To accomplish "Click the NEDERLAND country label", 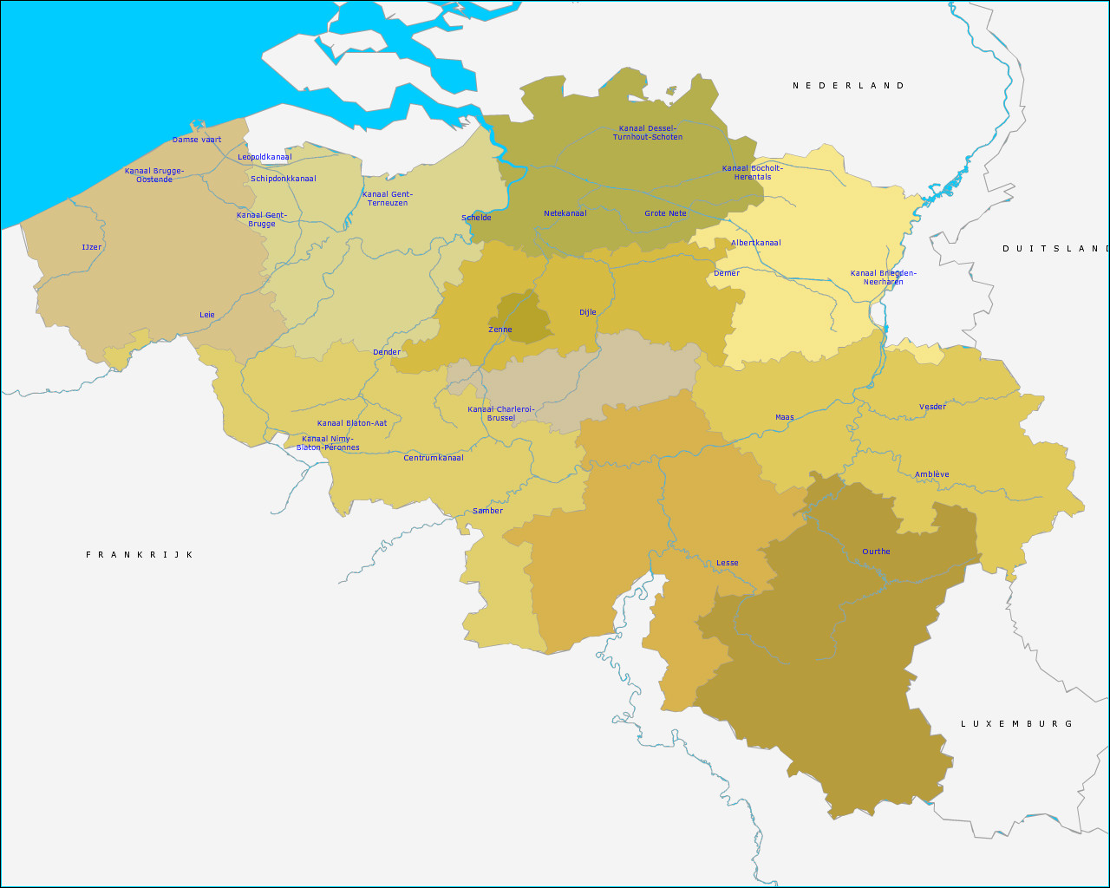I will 848,86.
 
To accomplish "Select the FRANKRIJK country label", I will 140,555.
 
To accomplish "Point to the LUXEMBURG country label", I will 1016,724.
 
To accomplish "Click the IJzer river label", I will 92,247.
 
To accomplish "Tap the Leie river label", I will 207,315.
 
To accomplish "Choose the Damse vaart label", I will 197,140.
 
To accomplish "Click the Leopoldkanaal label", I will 265,157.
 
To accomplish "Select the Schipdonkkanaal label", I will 284,179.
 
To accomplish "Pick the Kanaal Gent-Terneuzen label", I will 388,199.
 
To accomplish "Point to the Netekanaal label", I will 565,213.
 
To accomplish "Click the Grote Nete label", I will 665,213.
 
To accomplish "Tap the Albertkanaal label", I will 756,243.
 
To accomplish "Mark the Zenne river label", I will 500,330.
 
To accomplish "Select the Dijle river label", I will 588,312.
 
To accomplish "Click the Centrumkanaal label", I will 434,458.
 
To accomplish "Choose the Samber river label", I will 487,511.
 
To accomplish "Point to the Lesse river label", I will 728,563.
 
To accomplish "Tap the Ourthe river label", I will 876,552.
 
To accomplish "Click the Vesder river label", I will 933,407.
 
